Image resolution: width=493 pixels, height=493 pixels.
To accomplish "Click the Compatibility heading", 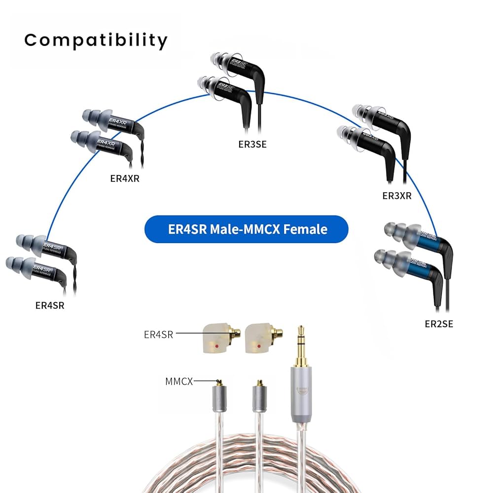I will (96, 40).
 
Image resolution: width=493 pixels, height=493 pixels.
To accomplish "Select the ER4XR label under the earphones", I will (125, 178).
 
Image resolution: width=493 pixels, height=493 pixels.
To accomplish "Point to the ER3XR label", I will (397, 196).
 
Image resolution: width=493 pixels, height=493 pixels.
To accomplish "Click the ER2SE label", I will (439, 324).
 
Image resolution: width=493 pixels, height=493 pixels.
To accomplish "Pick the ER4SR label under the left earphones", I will (50, 305).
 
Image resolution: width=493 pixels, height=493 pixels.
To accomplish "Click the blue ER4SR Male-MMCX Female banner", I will (246, 229).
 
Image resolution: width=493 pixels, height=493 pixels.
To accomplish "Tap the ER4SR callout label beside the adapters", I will (158, 335).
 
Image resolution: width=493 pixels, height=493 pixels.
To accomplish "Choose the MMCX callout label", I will (179, 381).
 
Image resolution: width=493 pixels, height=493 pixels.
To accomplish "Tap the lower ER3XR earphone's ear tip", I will (347, 134).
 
